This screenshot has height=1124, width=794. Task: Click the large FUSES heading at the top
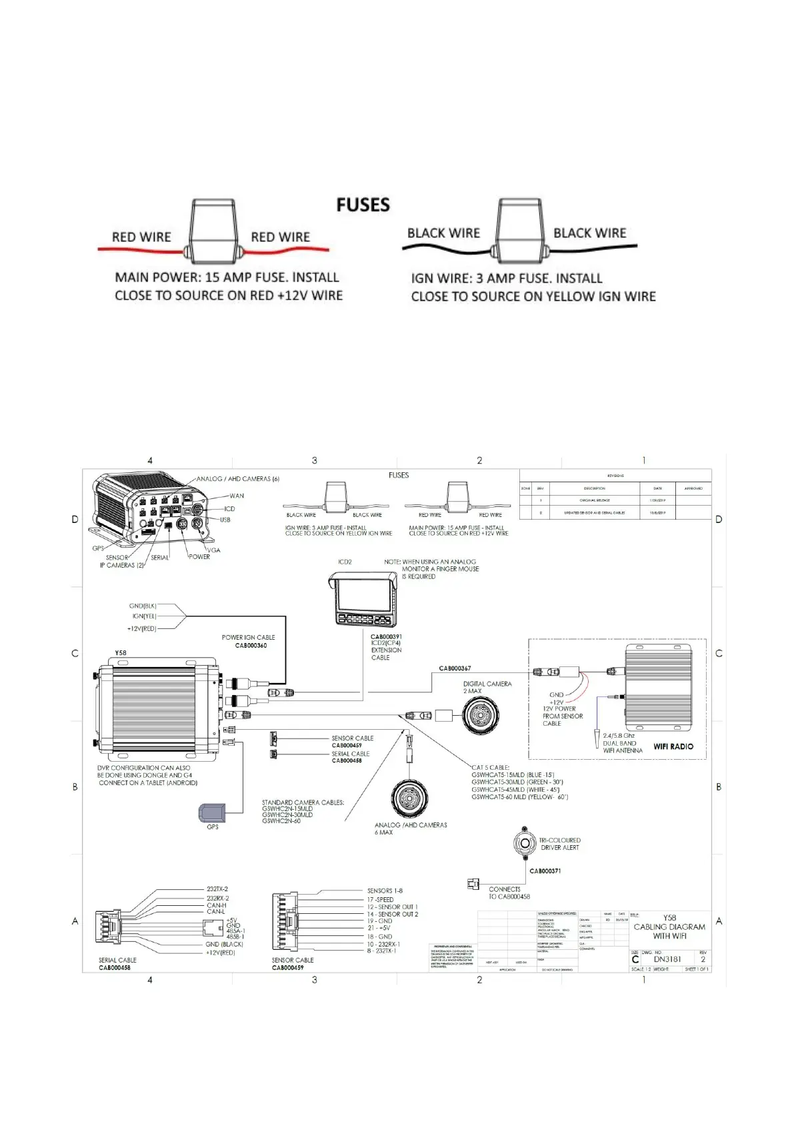coord(363,205)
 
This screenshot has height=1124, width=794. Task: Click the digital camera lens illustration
coord(480,716)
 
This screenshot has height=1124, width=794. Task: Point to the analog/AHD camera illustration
coord(409,798)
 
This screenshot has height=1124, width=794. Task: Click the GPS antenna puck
coord(213,813)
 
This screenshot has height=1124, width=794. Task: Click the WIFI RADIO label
coord(673,746)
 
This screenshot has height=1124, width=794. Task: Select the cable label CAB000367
coord(455,668)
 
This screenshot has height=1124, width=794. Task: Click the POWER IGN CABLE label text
coord(248,637)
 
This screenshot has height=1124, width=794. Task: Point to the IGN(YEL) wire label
coord(144,616)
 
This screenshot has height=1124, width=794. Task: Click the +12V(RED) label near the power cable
coord(141,628)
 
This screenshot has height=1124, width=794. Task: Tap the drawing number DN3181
coord(667,959)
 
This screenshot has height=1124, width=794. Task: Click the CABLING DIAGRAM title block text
coord(669,927)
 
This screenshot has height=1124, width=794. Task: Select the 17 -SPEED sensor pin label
coord(380,899)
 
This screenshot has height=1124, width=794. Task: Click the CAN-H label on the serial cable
coord(216,905)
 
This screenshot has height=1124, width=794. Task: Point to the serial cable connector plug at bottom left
coord(107,929)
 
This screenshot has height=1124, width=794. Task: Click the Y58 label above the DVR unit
coord(120,653)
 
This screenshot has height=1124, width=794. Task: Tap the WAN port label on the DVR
coord(237,496)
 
